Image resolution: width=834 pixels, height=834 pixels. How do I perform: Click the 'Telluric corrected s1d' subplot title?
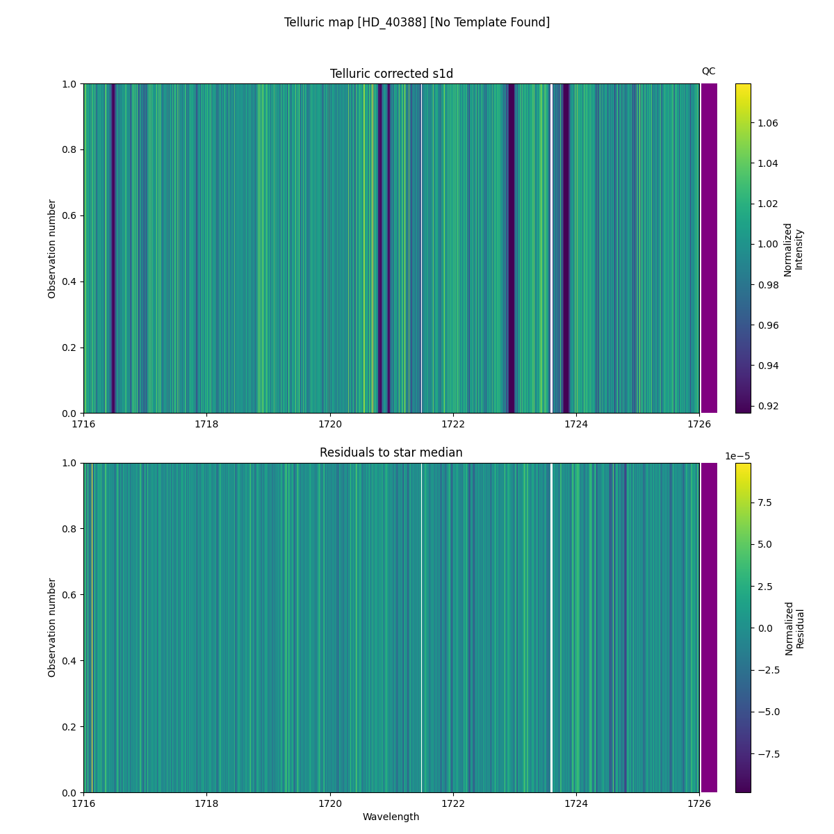point(391,74)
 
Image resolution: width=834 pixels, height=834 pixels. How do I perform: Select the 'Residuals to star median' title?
point(391,453)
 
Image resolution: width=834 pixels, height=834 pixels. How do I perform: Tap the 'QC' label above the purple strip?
point(708,71)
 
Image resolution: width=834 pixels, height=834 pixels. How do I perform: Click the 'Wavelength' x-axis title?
point(391,817)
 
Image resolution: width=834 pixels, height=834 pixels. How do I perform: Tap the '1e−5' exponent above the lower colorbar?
point(737,456)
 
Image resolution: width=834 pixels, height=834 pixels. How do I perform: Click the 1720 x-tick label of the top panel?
point(329,424)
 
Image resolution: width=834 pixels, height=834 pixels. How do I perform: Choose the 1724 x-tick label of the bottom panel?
point(575,803)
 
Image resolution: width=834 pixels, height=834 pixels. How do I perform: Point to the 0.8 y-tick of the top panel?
point(69,150)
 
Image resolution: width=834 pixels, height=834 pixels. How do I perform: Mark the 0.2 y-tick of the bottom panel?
point(69,727)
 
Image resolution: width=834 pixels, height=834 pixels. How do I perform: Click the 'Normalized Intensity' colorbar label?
point(793,250)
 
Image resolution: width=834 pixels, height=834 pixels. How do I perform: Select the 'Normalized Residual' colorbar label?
point(794,628)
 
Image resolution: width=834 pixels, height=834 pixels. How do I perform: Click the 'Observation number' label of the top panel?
point(52,249)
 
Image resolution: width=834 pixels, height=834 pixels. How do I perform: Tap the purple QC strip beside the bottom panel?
point(709,628)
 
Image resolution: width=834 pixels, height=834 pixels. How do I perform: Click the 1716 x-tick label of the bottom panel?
point(83,803)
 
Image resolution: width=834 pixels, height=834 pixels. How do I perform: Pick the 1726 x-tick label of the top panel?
point(698,424)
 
